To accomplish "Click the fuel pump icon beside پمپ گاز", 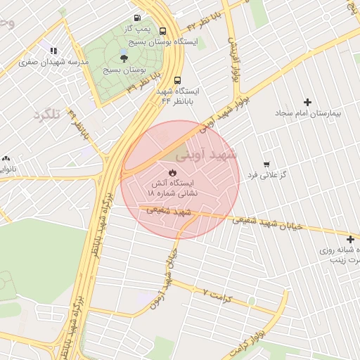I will coord(135,18).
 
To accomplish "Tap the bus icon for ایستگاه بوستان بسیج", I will coord(163,31).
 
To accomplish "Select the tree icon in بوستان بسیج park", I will coord(124,58).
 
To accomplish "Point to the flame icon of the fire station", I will coord(172,172).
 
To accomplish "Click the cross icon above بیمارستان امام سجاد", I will coord(306,103).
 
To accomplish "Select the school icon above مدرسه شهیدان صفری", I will coord(53,50).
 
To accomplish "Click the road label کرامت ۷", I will coord(221,295).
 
